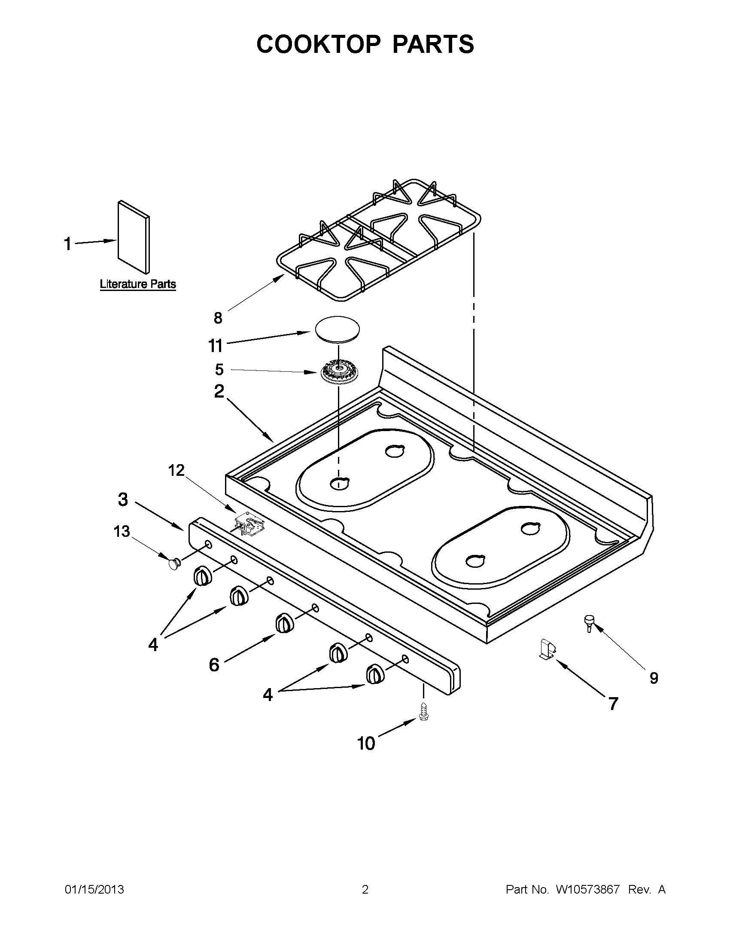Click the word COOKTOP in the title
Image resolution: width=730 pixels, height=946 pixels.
tap(319, 44)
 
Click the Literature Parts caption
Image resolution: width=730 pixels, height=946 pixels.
tap(137, 284)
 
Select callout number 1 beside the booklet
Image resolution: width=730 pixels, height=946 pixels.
tap(67, 244)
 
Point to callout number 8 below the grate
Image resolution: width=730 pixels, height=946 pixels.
tap(218, 318)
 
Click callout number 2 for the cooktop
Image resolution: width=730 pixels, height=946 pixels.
tap(219, 391)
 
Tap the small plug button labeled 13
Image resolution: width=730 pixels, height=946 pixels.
tap(174, 564)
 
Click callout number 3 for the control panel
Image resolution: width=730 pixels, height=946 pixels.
tap(123, 499)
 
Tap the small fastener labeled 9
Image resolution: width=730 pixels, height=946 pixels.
tap(589, 624)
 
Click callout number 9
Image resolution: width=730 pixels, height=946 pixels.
tap(654, 678)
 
